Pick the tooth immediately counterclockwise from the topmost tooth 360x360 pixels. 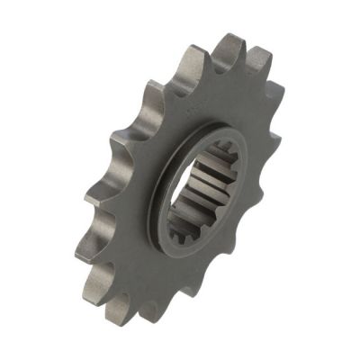click(192, 54)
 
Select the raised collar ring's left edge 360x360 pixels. click(155, 193)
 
